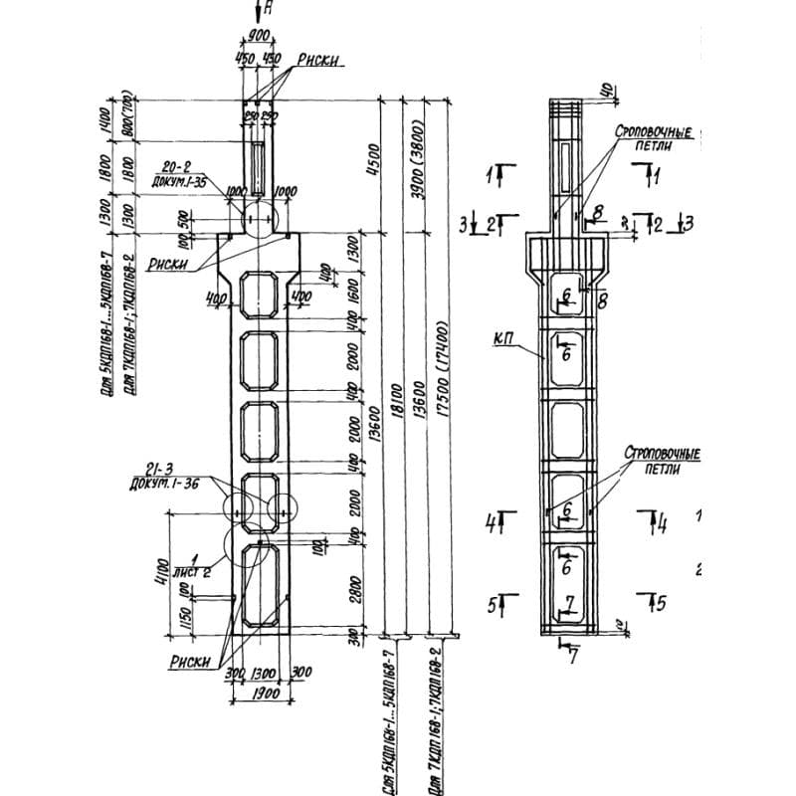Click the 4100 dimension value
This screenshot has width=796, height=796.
(163, 572)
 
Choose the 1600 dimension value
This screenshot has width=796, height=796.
(350, 288)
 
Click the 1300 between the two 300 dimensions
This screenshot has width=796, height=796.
(264, 674)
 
